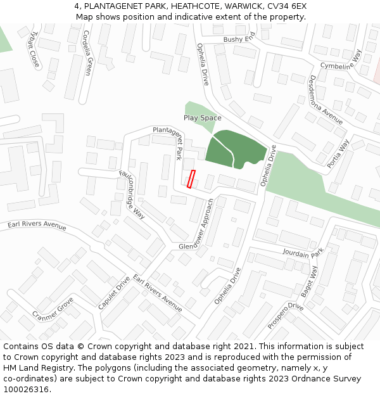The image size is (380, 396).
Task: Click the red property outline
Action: (191, 179)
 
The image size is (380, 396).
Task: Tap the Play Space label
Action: (202, 118)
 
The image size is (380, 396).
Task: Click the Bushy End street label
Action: (238, 39)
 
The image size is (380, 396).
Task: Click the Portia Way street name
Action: (338, 153)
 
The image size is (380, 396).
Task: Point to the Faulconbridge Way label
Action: (132, 194)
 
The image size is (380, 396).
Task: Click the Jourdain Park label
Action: (303, 253)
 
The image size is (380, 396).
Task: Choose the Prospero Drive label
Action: (286, 315)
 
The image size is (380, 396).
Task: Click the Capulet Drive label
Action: (114, 292)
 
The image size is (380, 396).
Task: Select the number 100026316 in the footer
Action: (25, 389)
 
